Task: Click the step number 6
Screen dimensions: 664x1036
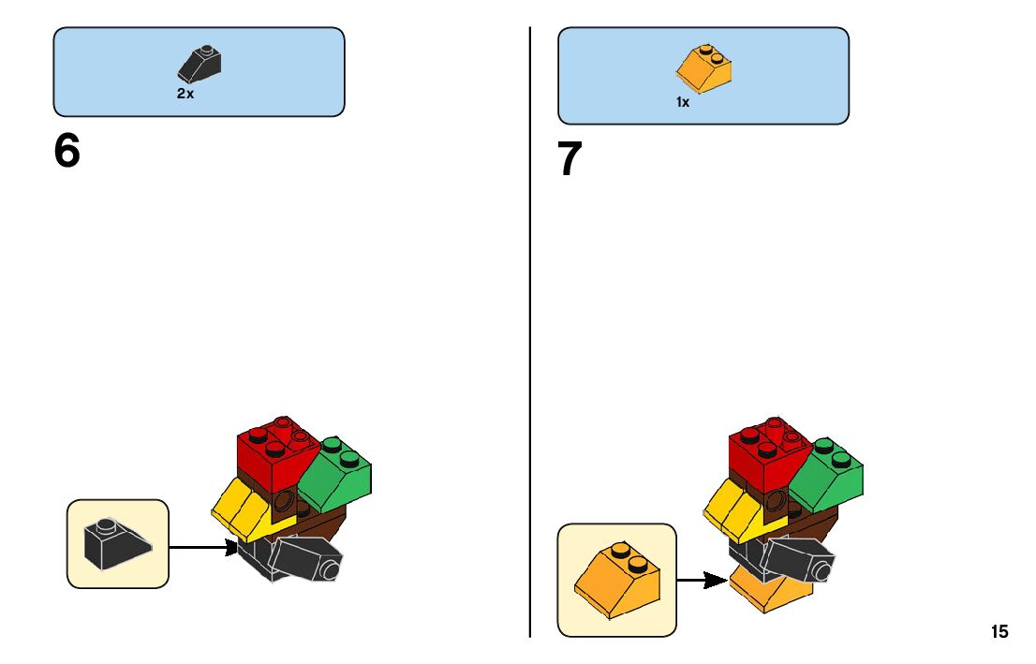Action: (67, 152)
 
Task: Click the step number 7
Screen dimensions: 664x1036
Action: (570, 160)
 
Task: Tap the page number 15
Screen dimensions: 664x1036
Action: (999, 632)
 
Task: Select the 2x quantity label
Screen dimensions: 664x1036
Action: (185, 94)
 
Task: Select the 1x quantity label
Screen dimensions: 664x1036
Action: (683, 102)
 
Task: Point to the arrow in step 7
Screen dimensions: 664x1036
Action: (702, 581)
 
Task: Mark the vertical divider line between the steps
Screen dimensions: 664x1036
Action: (530, 328)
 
